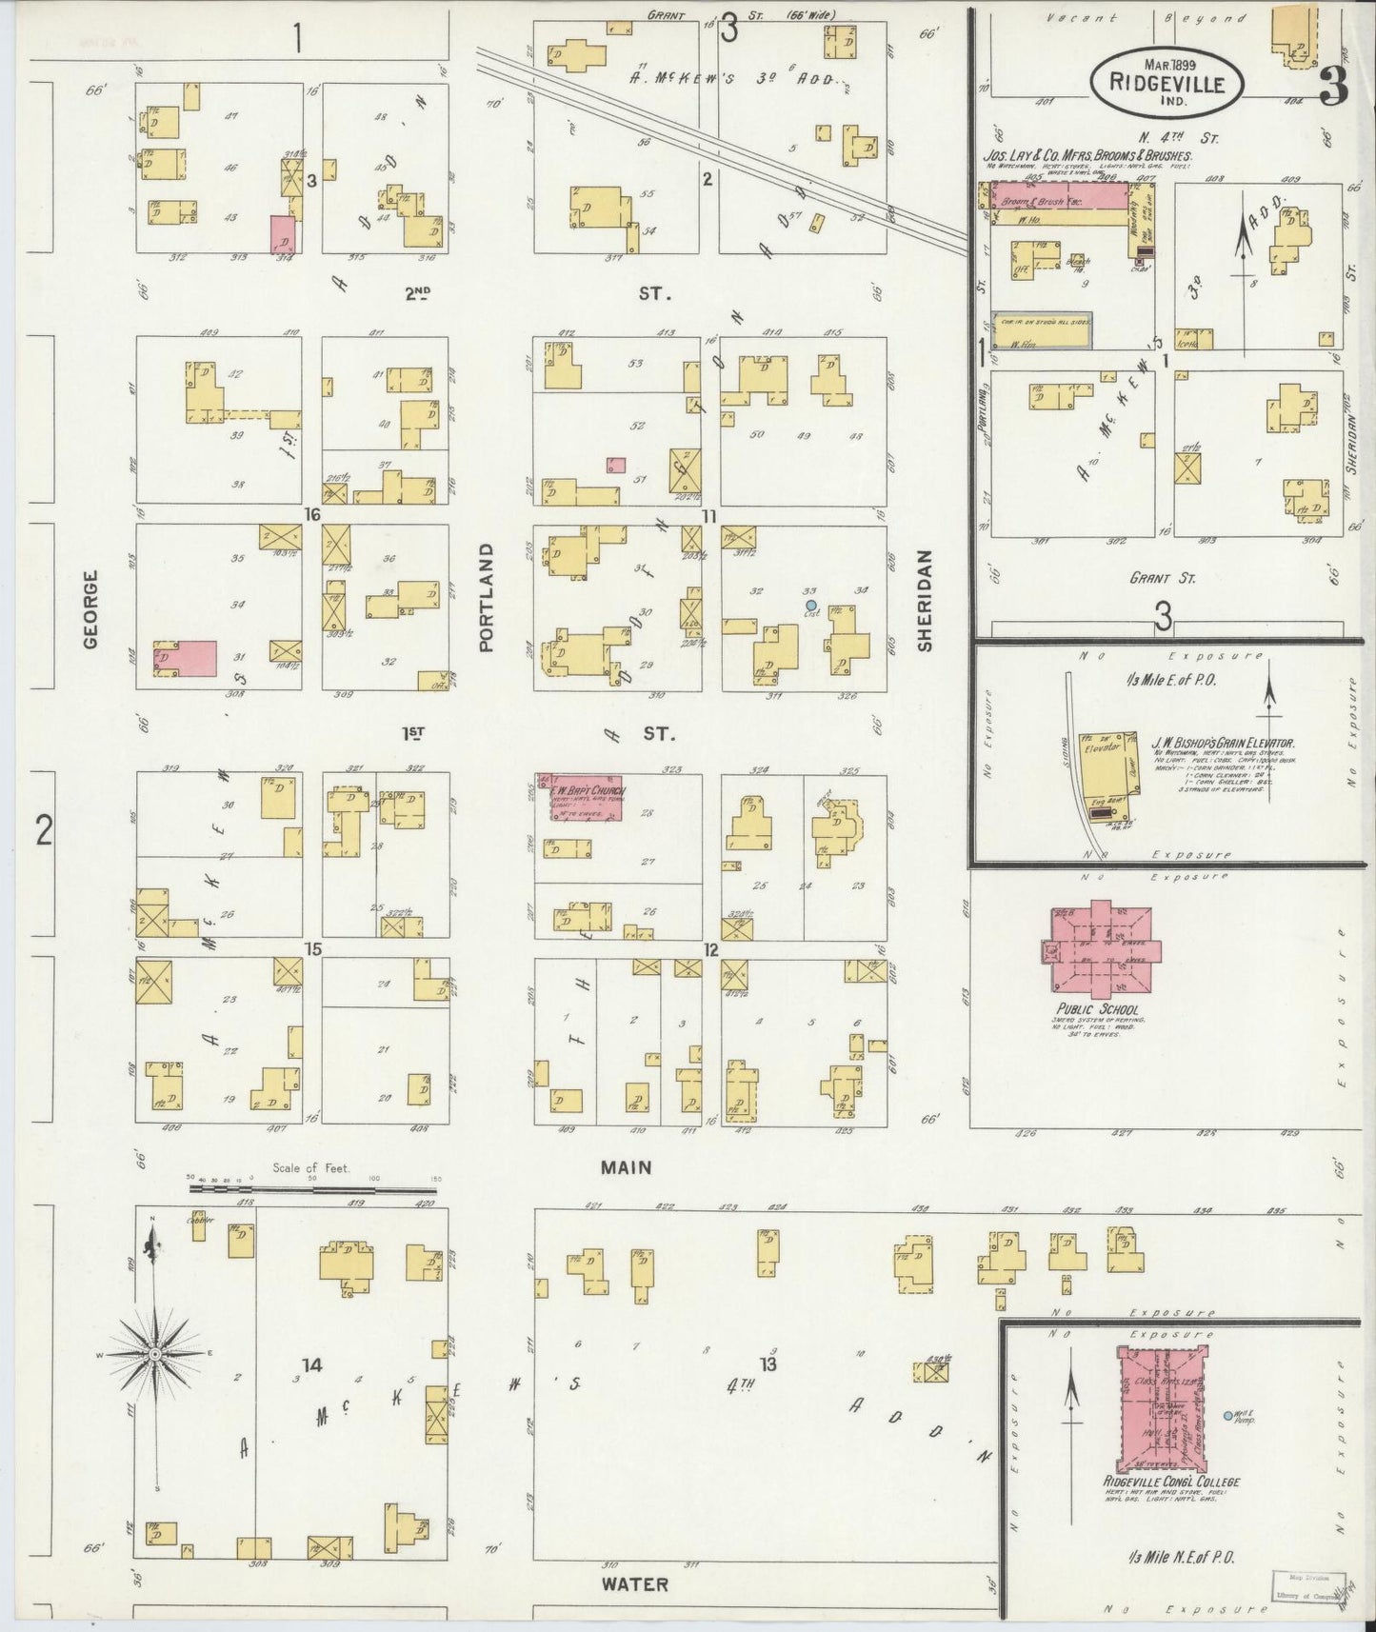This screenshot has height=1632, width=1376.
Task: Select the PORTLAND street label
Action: coord(487,597)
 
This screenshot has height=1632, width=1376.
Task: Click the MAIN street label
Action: coord(628,1166)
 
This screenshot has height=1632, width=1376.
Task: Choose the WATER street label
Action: coord(634,1584)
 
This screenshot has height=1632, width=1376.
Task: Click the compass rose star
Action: coord(154,1353)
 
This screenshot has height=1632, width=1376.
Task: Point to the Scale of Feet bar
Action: coord(314,1188)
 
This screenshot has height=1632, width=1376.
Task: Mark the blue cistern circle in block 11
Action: coord(810,605)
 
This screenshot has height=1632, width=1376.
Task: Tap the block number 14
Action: coord(311,1365)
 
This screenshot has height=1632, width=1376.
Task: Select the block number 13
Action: coord(768,1363)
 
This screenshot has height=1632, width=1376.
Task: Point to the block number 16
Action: coord(310,515)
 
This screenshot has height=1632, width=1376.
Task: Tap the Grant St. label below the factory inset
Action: coord(1162,577)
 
